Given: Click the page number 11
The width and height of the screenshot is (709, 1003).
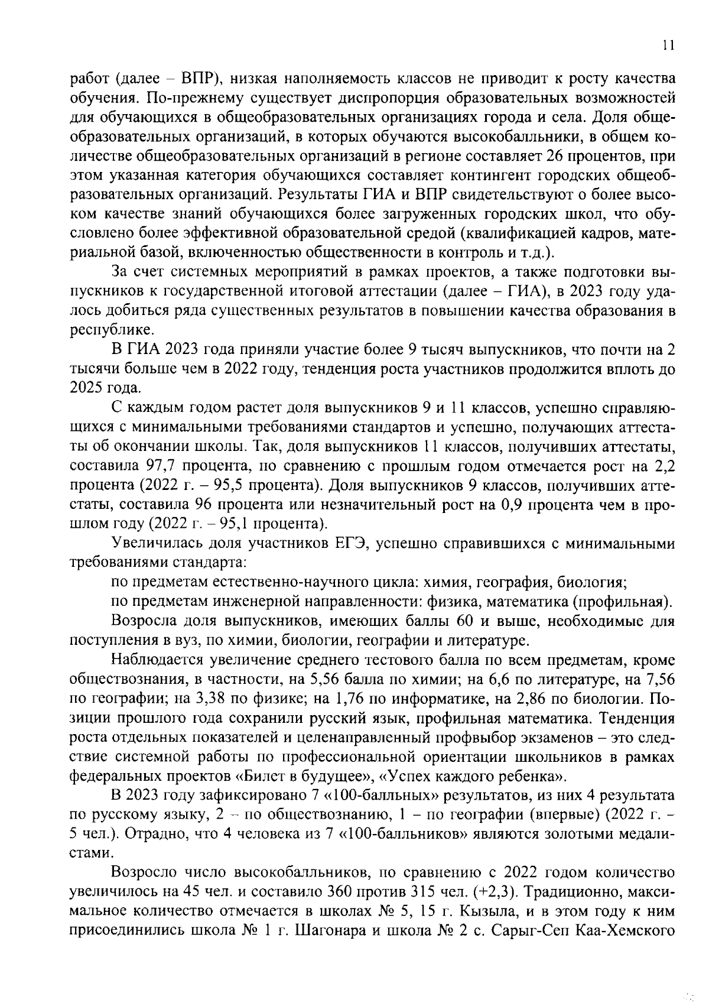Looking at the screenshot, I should pyautogui.click(x=668, y=46).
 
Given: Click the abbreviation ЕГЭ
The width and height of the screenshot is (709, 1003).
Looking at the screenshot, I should pyautogui.click(x=353, y=544).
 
